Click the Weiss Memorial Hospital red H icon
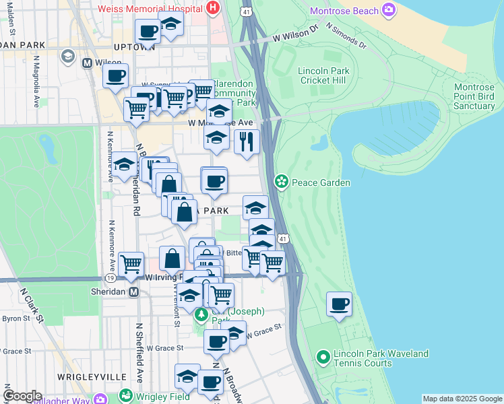213,9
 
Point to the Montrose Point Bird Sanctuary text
474,96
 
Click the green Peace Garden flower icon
282,182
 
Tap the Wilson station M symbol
86,63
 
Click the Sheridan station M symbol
133,292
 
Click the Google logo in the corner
22,396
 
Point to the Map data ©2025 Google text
462,399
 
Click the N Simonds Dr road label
345,38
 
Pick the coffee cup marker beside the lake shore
338,304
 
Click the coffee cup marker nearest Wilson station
115,76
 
